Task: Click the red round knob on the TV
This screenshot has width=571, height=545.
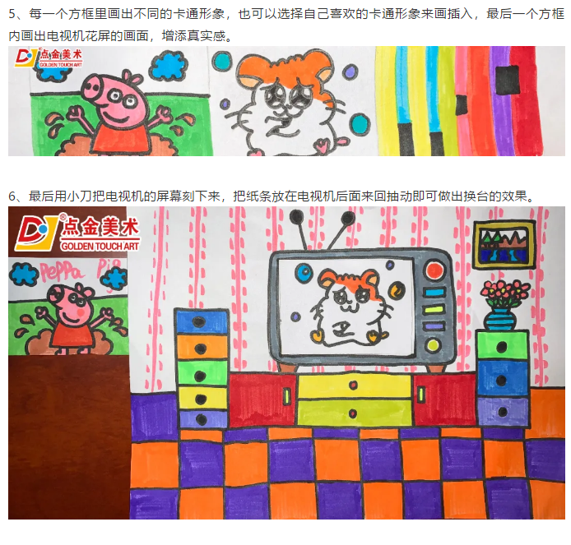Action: click(434, 270)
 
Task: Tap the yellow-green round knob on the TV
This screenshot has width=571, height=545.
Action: click(433, 344)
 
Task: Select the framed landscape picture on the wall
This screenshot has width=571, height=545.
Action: click(504, 244)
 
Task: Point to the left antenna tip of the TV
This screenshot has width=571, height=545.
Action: click(296, 217)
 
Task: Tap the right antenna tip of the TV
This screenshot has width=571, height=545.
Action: click(347, 218)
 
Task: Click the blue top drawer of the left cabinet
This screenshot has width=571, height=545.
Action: click(201, 321)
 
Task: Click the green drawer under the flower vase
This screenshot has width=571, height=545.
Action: click(502, 345)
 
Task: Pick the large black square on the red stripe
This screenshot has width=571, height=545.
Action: click(508, 80)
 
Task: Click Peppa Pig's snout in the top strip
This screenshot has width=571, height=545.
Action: click(92, 86)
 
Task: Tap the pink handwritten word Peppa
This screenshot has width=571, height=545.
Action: click(61, 271)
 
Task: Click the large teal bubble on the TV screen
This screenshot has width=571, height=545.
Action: click(304, 272)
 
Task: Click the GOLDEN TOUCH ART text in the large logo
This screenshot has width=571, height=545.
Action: click(100, 247)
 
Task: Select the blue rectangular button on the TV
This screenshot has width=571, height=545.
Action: click(434, 292)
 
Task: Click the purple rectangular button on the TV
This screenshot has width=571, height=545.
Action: click(434, 326)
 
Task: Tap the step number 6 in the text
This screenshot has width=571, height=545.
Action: click(12, 196)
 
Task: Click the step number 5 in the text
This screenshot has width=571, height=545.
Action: click(12, 14)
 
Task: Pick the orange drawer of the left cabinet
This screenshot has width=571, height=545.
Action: click(202, 347)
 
